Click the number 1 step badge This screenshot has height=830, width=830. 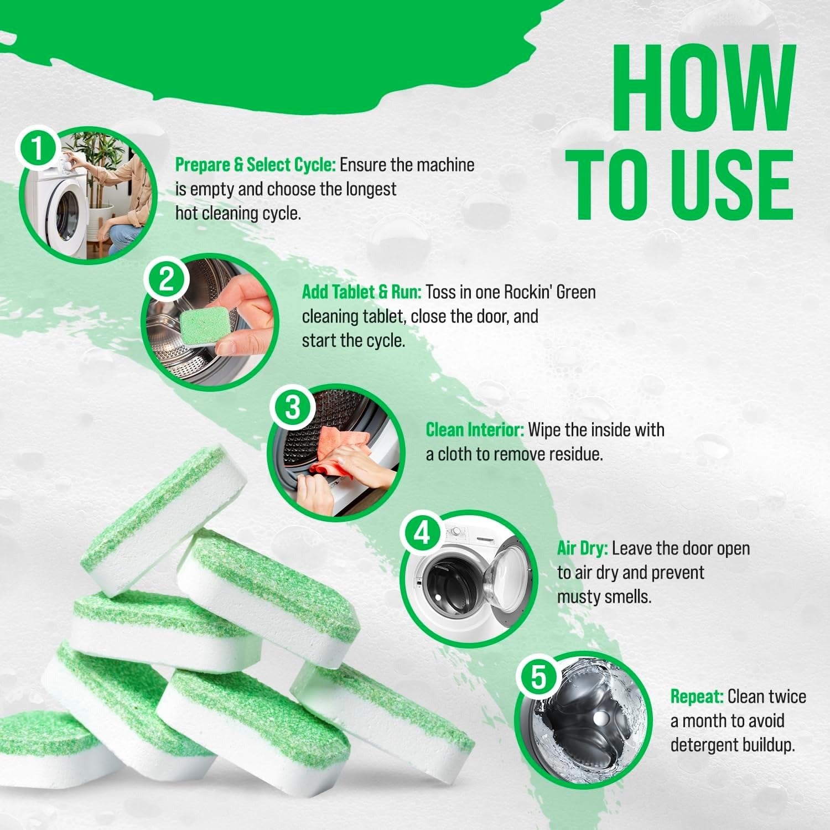point(38,151)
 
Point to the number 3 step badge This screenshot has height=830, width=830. point(292,408)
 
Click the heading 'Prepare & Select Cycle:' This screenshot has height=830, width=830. point(256,165)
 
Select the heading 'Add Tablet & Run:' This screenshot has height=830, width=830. point(362,292)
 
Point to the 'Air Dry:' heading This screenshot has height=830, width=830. point(582,548)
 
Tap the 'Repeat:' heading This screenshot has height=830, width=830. point(697,696)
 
